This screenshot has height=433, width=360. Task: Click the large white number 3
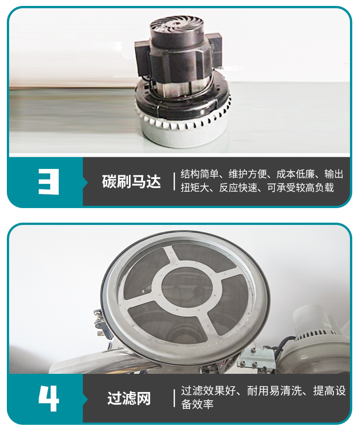[49, 181]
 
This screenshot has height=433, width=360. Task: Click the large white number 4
[49, 398]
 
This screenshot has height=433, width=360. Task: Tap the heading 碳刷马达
[131, 181]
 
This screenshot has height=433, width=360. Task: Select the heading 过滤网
[129, 398]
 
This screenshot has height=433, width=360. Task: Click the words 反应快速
[238, 188]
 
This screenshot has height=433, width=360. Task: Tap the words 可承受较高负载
[301, 188]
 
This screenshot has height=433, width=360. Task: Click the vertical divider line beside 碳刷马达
[175, 181]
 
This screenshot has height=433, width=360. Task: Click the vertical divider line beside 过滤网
[175, 398]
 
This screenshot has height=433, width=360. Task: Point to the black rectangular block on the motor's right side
[215, 49]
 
